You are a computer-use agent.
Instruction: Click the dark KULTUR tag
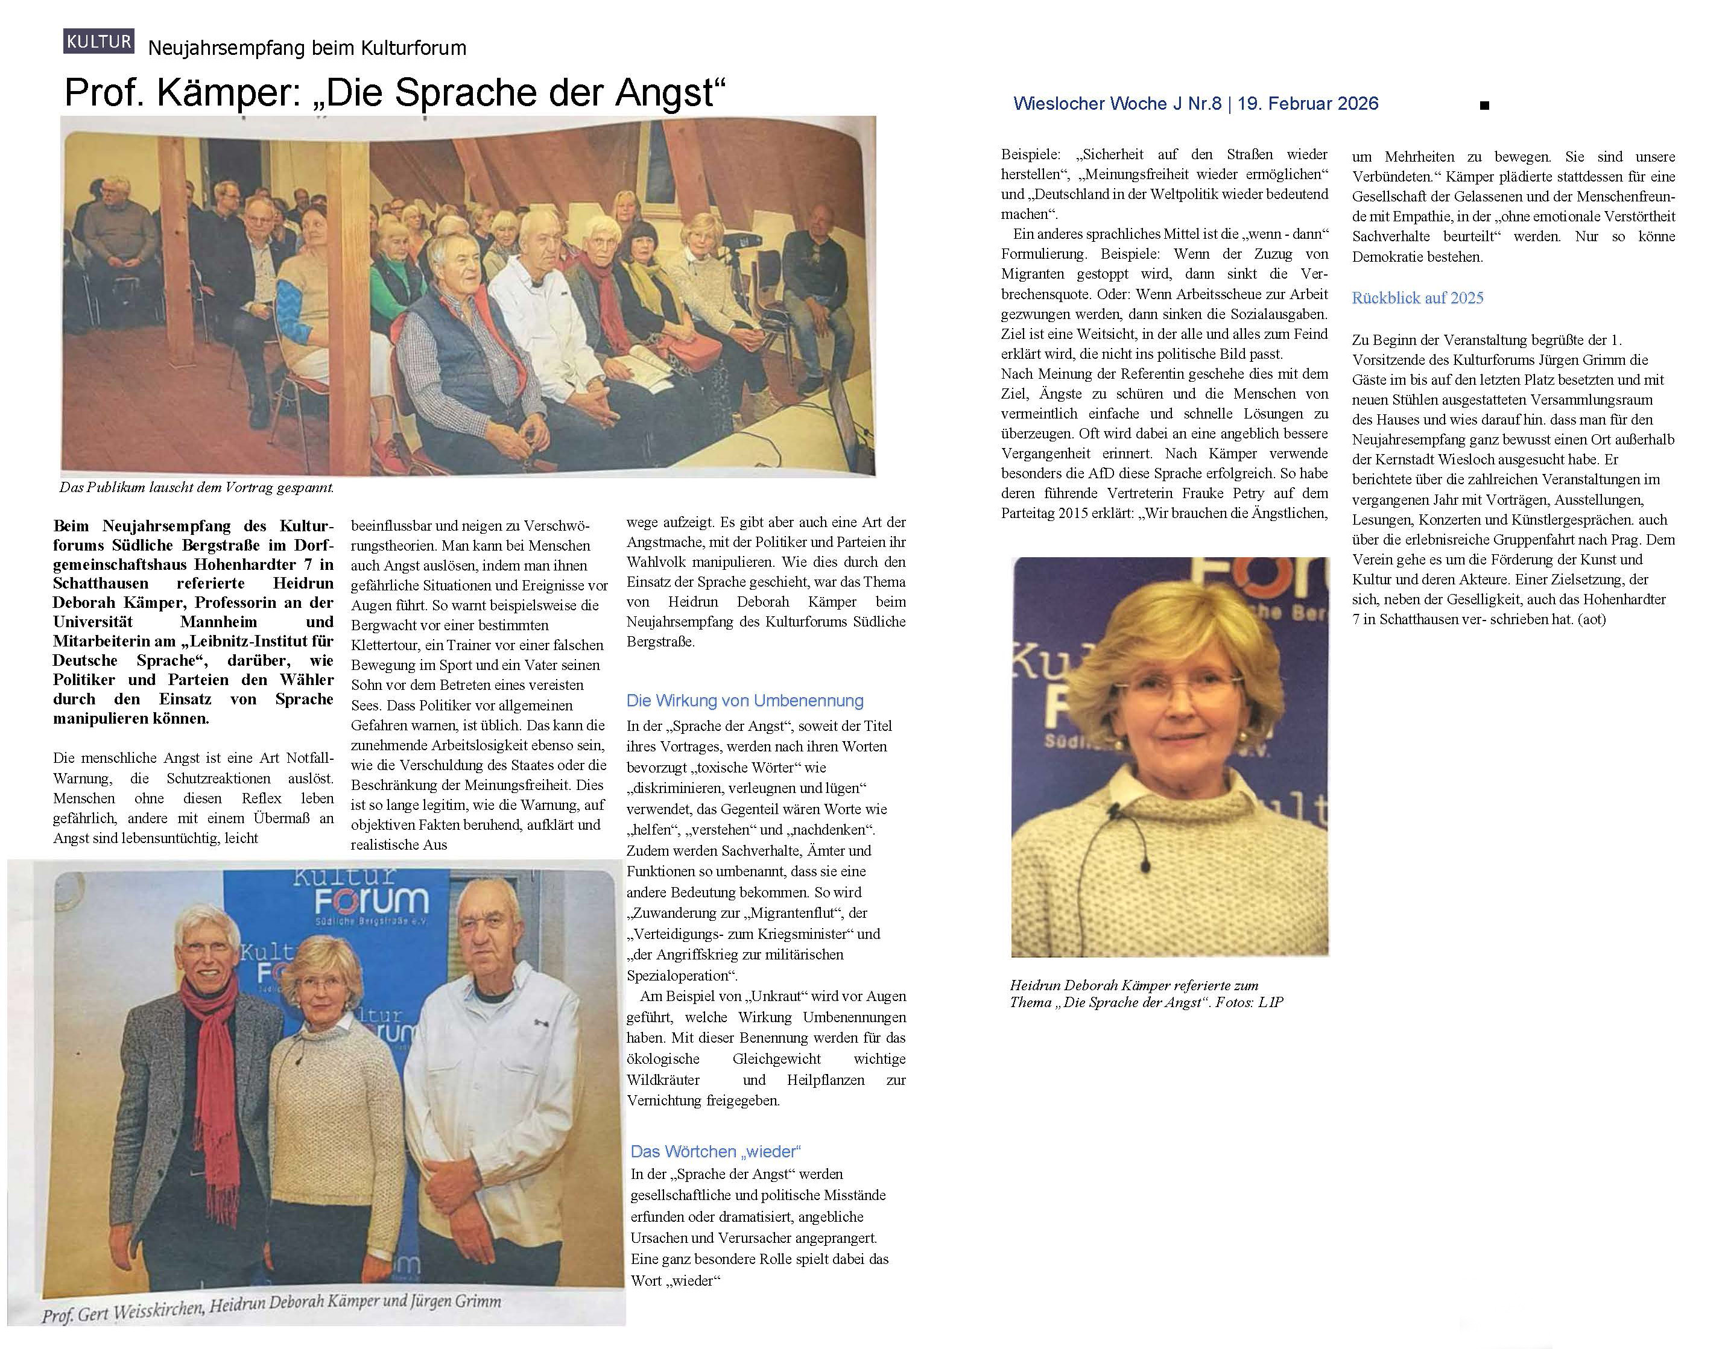pyautogui.click(x=99, y=41)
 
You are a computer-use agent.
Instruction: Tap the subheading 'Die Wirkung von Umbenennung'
pyautogui.click(x=744, y=701)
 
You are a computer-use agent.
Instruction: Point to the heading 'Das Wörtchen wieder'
pyautogui.click(x=715, y=1152)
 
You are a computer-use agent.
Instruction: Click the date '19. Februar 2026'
pyautogui.click(x=1307, y=104)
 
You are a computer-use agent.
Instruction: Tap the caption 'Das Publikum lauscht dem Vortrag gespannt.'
pyautogui.click(x=197, y=487)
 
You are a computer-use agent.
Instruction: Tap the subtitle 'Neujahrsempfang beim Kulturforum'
pyautogui.click(x=306, y=48)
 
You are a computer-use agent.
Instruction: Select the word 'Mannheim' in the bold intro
pyautogui.click(x=219, y=622)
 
